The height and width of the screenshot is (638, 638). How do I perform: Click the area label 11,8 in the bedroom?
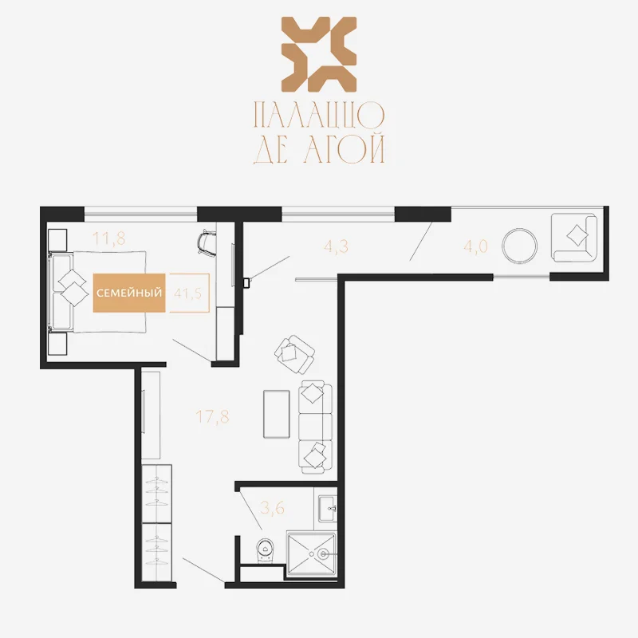click(x=108, y=238)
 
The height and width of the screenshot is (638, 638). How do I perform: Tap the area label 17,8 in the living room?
click(x=212, y=416)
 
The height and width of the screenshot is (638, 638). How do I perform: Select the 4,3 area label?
click(x=336, y=246)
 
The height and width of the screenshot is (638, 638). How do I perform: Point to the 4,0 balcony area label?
click(x=475, y=246)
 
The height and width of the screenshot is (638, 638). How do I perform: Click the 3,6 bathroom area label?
click(x=272, y=508)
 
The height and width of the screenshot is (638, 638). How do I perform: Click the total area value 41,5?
click(x=187, y=293)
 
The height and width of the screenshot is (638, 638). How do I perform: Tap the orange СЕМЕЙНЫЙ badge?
click(x=129, y=293)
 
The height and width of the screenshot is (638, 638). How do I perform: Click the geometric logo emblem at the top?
click(x=319, y=54)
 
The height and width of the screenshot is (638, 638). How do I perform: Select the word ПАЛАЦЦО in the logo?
click(x=319, y=115)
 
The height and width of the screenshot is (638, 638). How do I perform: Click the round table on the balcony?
click(x=520, y=246)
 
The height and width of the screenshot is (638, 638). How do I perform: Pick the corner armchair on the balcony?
click(x=574, y=238)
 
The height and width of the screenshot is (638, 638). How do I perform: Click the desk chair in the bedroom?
click(x=207, y=243)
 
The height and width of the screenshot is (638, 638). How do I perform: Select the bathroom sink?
click(x=328, y=509)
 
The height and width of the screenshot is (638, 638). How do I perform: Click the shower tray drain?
click(x=324, y=553)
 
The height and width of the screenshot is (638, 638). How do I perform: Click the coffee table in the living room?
click(x=277, y=414)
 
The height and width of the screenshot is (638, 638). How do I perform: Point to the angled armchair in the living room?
click(x=294, y=354)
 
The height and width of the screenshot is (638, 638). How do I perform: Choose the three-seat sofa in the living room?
click(x=315, y=427)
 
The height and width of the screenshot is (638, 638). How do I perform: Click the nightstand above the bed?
click(x=57, y=240)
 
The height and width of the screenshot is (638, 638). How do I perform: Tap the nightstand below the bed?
click(x=57, y=345)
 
